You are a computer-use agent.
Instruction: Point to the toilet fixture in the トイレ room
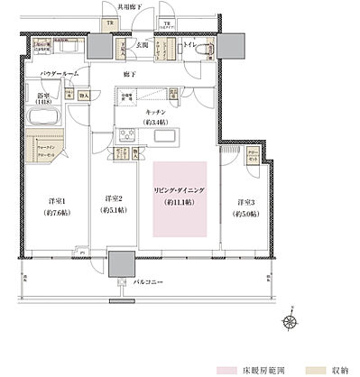pos(200,51)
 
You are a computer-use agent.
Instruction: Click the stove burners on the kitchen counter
pos(125,135)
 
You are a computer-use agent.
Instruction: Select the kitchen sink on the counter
pos(167,135)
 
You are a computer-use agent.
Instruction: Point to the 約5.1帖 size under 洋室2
pos(112,213)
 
